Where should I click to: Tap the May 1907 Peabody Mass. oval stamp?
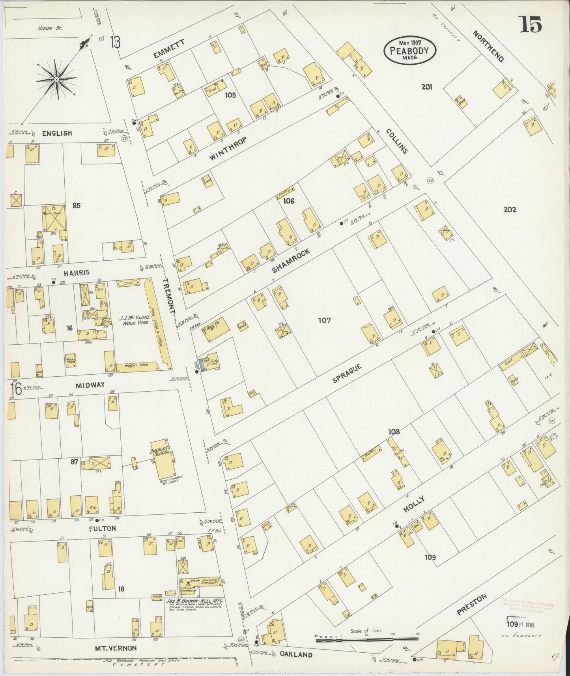pos(411,50)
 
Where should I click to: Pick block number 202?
pos(509,210)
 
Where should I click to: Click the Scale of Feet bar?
pos(366,639)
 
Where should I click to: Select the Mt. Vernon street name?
pos(116,648)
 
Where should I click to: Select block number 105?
pos(230,95)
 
